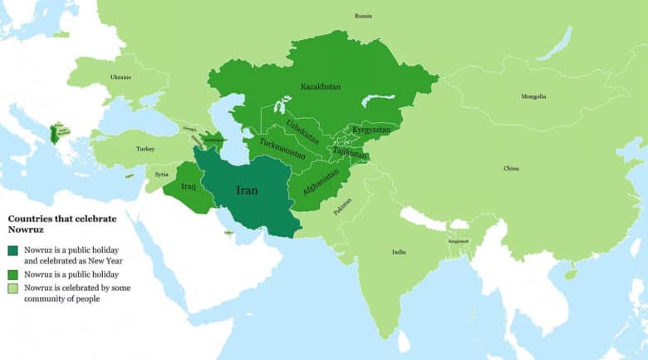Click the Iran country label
247,190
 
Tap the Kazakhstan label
320,86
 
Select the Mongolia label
533,96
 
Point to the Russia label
363,16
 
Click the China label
511,169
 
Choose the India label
399,252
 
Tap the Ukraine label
120,77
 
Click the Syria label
161,175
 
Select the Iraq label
188,186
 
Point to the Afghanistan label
322,185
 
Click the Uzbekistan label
302,132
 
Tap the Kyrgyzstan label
371,130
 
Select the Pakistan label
342,207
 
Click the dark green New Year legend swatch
13,250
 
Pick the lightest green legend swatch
13,288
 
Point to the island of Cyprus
130,175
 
